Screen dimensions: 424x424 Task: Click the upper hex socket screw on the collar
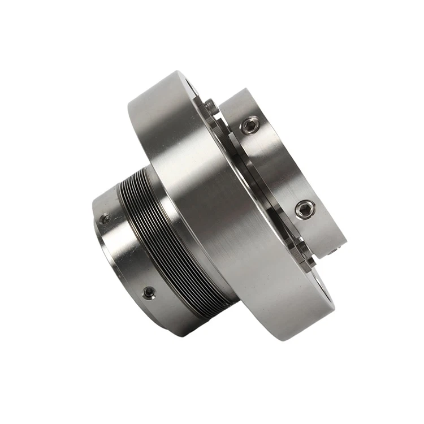250,125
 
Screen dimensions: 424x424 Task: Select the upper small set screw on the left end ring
105,219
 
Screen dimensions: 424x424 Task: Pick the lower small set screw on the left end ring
149,292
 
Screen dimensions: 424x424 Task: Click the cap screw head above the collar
210,105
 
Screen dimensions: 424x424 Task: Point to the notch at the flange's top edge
192,85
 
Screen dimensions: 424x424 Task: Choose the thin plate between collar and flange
266,187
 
